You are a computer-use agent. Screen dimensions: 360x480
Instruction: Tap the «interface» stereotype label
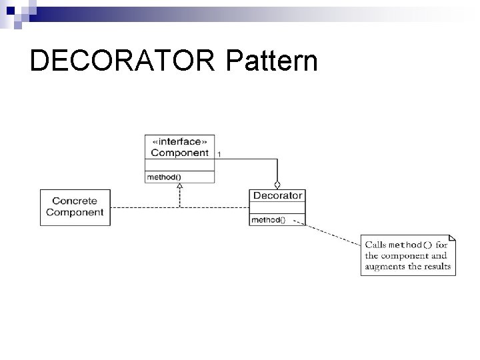pyautogui.click(x=180, y=142)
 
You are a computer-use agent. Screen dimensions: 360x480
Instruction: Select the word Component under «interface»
pyautogui.click(x=180, y=153)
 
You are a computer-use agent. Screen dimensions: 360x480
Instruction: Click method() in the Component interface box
pyautogui.click(x=164, y=177)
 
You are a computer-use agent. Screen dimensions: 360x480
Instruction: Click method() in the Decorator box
pyautogui.click(x=268, y=220)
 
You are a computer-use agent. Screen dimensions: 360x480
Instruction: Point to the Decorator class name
pyautogui.click(x=277, y=196)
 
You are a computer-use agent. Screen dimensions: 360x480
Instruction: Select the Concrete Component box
pyautogui.click(x=75, y=207)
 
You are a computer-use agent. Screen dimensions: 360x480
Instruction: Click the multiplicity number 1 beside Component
pyautogui.click(x=220, y=155)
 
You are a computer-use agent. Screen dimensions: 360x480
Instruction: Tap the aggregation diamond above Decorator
pyautogui.click(x=277, y=185)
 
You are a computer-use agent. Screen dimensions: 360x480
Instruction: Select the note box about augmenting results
pyautogui.click(x=408, y=255)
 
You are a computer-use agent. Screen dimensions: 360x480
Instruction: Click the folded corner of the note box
pyautogui.click(x=452, y=238)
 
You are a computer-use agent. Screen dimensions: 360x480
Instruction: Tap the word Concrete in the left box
pyautogui.click(x=75, y=201)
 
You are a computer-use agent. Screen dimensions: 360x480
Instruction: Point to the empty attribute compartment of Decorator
pyautogui.click(x=277, y=209)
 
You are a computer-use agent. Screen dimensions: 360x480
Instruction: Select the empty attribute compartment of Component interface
pyautogui.click(x=180, y=165)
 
